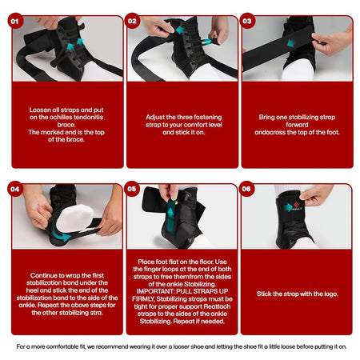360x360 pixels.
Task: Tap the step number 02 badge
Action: (133, 22)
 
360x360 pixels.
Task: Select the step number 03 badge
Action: (248, 22)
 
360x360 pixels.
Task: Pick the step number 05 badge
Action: (133, 190)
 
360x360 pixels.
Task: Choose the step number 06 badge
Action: (248, 190)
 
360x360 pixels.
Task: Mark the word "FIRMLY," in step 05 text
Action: (147, 300)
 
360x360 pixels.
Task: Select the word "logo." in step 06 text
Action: (329, 294)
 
